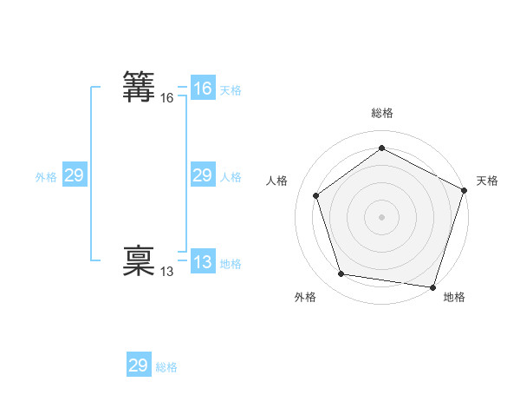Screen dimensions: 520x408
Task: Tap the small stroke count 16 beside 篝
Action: [x=166, y=99]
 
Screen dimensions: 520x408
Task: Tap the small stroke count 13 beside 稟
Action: [x=166, y=273]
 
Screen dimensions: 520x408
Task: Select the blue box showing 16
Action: [x=202, y=89]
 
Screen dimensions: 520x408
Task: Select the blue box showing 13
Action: [x=202, y=262]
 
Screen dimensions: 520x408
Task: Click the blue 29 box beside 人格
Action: [x=202, y=175]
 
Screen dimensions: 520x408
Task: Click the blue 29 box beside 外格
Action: [x=74, y=175]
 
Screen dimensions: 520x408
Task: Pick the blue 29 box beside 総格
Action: [x=138, y=365]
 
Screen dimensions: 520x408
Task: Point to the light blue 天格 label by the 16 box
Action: [x=231, y=90]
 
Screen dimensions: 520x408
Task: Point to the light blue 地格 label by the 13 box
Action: [x=231, y=264]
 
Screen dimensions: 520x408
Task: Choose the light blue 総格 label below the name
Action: [x=166, y=367]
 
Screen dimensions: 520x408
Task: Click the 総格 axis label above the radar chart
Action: [x=381, y=113]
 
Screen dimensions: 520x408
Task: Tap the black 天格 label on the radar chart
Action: [x=487, y=181]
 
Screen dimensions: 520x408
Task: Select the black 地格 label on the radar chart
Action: [x=454, y=297]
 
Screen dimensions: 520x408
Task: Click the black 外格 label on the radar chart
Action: [x=305, y=297]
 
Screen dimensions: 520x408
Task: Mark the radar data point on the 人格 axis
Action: [x=316, y=195]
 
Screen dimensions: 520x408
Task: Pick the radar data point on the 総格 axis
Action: [x=381, y=148]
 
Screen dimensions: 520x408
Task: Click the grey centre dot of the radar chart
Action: [x=381, y=216]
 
